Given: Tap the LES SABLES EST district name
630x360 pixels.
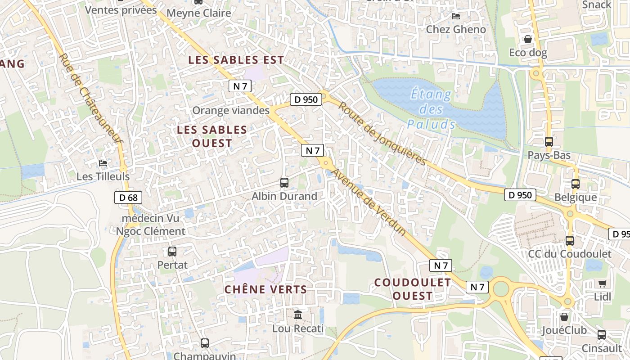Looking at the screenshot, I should tap(236, 60).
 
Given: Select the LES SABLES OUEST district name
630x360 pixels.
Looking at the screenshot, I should tap(212, 136).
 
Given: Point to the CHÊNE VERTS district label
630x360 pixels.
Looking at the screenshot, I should tap(265, 289).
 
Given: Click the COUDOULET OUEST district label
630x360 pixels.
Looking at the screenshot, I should tap(413, 289).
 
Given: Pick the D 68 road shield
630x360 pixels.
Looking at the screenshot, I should tap(128, 197).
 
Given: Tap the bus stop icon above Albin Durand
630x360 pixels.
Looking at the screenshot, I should tap(284, 182).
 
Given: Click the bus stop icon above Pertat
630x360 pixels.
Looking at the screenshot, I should tap(172, 251).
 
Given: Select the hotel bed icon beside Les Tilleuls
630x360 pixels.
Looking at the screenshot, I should tap(103, 163).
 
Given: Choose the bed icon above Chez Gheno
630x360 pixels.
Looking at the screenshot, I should tap(456, 16).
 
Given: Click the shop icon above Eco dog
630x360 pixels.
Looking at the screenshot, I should tap(528, 39).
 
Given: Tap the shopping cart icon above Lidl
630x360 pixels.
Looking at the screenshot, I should tap(603, 283).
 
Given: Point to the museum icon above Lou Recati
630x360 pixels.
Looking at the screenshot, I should tap(298, 315).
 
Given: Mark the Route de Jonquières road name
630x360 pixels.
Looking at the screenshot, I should tap(382, 134).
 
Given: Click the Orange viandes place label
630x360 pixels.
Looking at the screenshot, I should tap(231, 110).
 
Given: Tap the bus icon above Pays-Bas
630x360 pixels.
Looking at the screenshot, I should tap(549, 141).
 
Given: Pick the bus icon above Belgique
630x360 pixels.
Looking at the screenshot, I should tap(576, 184).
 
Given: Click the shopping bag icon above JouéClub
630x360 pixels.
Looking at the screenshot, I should tap(564, 316).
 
